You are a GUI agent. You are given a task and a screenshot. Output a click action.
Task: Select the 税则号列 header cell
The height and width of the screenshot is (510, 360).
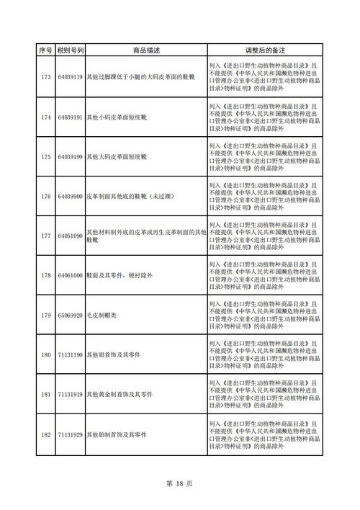tap(70, 50)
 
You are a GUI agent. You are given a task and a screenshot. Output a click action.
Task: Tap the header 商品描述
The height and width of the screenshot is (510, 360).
tap(146, 50)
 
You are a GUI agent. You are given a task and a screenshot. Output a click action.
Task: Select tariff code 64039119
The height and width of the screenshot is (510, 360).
tap(70, 76)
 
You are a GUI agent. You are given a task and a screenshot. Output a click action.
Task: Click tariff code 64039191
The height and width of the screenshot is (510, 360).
tap(70, 117)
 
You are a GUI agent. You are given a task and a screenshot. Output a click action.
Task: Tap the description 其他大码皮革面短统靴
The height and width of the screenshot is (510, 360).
tap(116, 156)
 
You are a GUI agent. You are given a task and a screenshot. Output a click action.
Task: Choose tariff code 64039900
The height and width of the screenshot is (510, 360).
tap(70, 196)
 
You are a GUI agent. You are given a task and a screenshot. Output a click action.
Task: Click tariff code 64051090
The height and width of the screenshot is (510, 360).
tap(70, 236)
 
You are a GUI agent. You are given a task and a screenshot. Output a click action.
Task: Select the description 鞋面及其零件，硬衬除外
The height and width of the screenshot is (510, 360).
tap(121, 275)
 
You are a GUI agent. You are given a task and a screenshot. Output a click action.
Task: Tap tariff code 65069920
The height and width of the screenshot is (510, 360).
tap(70, 315)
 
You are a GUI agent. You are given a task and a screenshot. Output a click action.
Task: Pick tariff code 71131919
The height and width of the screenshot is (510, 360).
tap(70, 395)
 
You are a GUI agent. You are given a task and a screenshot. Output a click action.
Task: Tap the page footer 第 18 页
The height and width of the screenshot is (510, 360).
tap(180, 484)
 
